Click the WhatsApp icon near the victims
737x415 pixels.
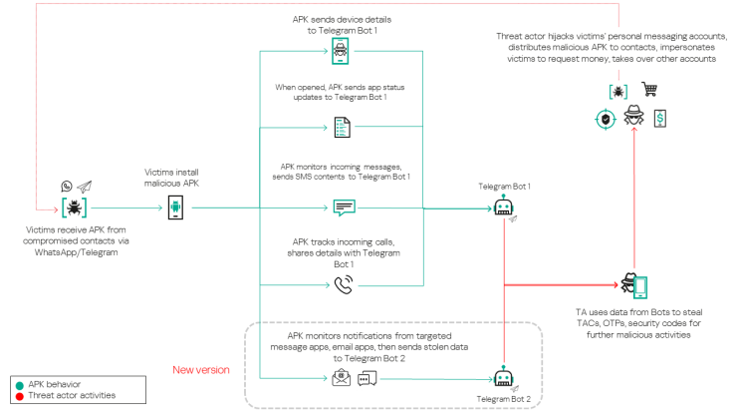pos(67,187)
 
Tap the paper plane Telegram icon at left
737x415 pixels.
pos(85,187)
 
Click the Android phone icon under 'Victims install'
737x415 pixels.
pos(175,207)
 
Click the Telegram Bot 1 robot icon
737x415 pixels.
pos(504,207)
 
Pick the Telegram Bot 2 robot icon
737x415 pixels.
pos(503,377)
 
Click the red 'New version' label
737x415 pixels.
pos(202,368)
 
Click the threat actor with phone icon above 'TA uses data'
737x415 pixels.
pos(634,284)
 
